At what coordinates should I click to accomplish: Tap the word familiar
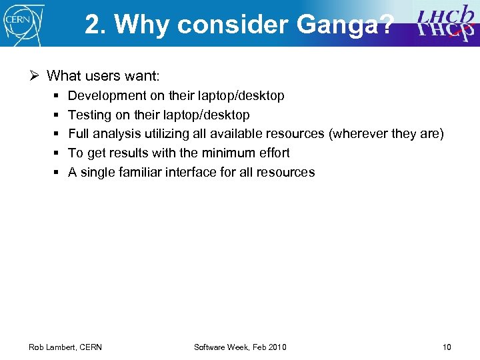coord(141,172)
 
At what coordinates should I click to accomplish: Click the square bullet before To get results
coord(55,153)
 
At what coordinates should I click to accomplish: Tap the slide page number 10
coord(446,347)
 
